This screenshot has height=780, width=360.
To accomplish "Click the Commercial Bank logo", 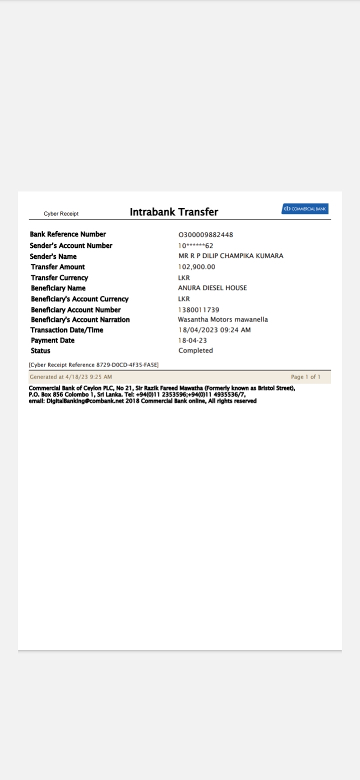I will click(x=304, y=208).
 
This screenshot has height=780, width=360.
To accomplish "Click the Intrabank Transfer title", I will click(x=174, y=212).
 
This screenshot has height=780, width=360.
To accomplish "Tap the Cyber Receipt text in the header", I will click(x=61, y=214).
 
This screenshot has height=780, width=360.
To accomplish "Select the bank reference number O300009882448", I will click(x=205, y=235).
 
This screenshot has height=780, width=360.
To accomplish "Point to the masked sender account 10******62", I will click(x=195, y=245).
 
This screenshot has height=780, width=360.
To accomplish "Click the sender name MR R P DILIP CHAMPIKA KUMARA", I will click(x=230, y=256).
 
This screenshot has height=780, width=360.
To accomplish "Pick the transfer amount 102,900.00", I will click(x=196, y=267).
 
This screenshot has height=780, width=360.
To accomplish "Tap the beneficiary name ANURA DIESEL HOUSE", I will click(x=212, y=288).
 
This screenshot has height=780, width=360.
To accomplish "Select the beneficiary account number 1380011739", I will click(x=198, y=310).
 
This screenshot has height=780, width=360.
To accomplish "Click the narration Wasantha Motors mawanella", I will click(x=222, y=319).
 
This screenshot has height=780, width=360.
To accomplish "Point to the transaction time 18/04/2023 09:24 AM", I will click(x=214, y=330).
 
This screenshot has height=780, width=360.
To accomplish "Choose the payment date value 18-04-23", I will click(x=192, y=340).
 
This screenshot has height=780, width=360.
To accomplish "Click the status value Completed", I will click(x=195, y=350).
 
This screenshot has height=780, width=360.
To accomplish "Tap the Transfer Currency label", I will click(x=59, y=278).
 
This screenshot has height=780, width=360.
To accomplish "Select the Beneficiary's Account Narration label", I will click(x=80, y=320).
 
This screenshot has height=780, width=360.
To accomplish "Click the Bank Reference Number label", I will click(x=67, y=234).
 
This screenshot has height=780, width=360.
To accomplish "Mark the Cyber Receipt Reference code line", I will click(x=93, y=365).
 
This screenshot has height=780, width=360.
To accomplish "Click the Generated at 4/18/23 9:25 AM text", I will click(x=70, y=377).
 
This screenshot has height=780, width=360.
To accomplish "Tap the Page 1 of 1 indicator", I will click(x=305, y=377).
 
